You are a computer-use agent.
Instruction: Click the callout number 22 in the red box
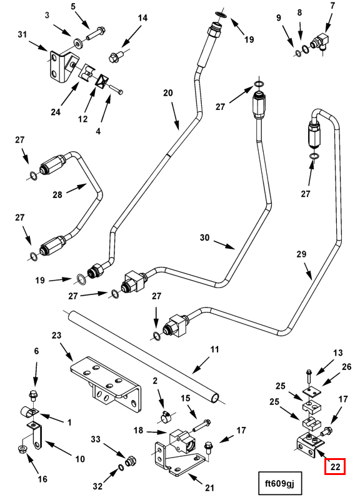335,467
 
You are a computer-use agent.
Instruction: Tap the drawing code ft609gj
279,483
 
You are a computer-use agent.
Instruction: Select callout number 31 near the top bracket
22,34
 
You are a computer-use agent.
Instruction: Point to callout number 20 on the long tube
168,92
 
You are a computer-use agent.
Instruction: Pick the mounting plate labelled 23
105,382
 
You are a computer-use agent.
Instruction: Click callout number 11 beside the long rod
214,349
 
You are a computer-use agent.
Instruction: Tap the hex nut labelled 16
21,450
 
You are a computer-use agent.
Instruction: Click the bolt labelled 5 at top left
95,34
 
